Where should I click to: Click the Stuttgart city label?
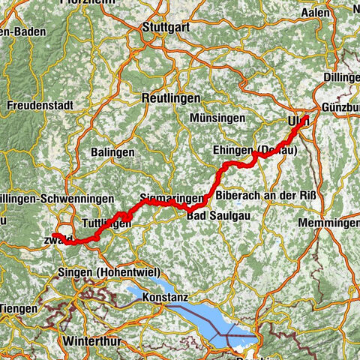click(x=165, y=31)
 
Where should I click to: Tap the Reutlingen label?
click(x=170, y=98)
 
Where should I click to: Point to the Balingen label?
click(x=114, y=152)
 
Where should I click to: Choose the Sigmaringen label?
click(x=171, y=199)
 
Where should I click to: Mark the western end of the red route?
click(x=54, y=235)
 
